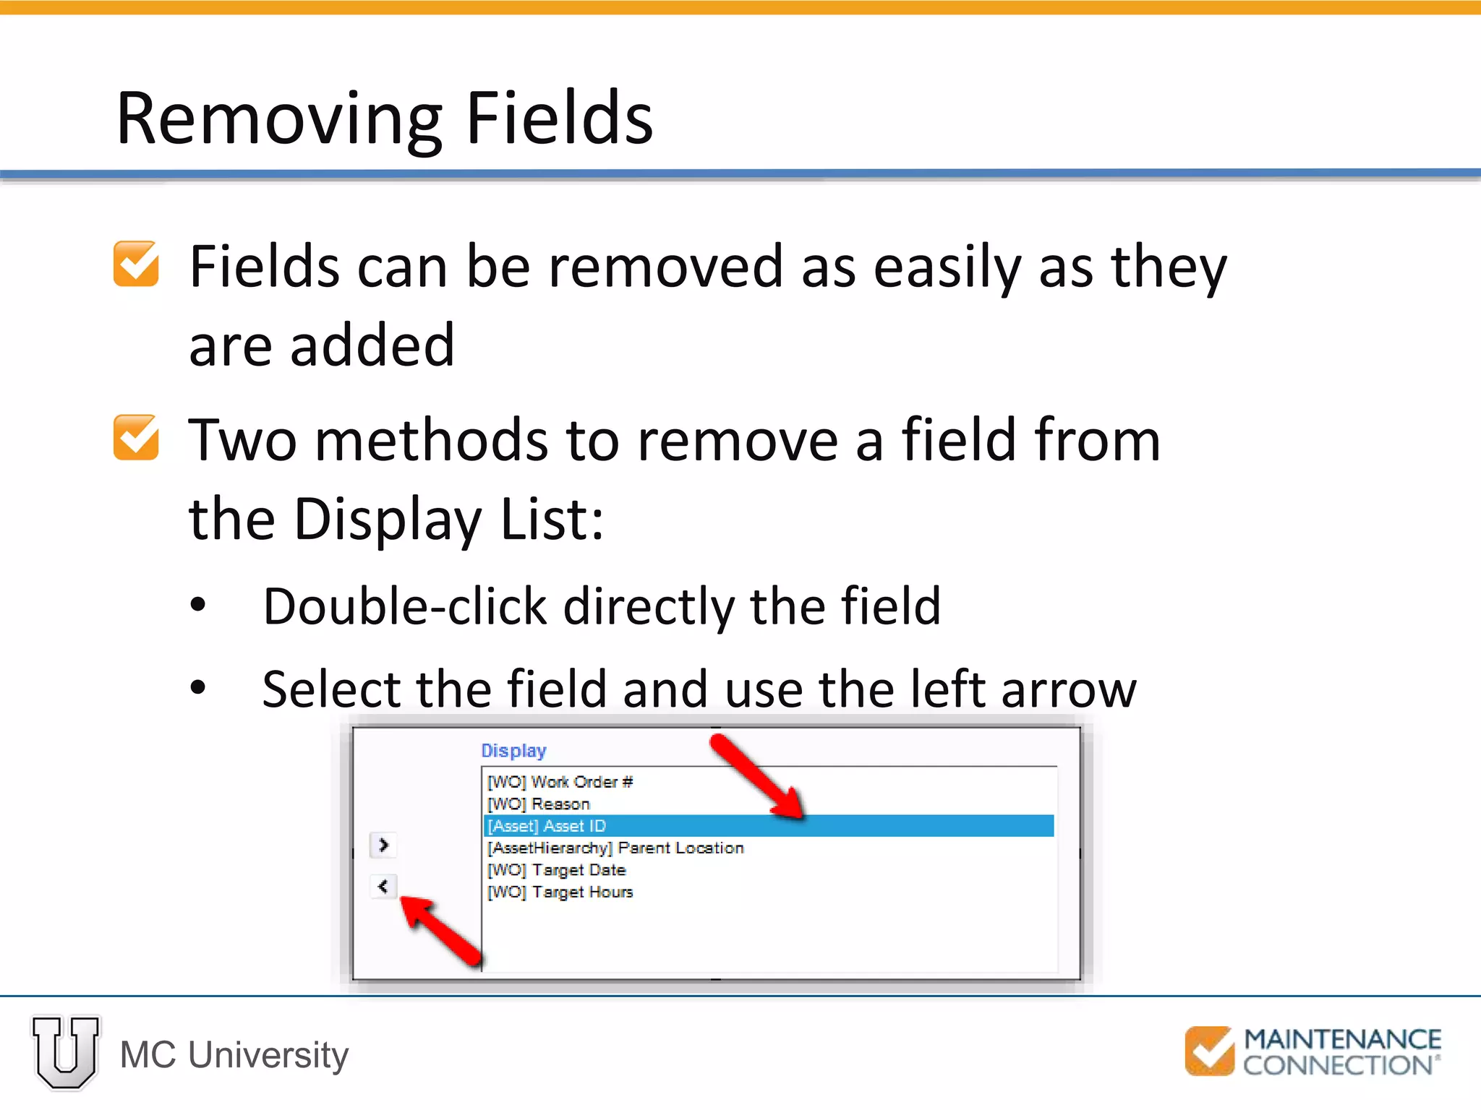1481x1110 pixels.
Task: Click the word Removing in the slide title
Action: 279,119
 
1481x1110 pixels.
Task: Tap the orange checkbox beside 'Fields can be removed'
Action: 136,264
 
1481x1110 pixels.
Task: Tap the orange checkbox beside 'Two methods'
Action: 136,437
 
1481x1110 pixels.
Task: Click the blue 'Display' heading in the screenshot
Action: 513,751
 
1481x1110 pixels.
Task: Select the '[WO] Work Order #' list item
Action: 560,782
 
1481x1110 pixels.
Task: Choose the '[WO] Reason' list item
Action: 539,804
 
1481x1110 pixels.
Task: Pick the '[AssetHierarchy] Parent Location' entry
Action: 615,848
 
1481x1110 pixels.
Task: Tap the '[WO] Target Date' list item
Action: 557,870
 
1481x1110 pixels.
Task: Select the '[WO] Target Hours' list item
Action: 560,892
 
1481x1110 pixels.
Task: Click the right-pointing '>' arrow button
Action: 383,845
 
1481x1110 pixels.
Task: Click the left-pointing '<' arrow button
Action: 383,886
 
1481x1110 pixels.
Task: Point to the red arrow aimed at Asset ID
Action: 756,776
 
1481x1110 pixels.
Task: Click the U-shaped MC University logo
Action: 66,1052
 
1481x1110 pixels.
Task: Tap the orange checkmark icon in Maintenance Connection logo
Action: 1209,1051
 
